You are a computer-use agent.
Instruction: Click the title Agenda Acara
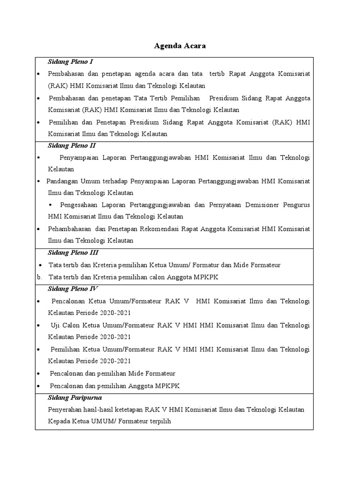click(x=180, y=46)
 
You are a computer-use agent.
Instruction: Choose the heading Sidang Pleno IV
click(x=73, y=289)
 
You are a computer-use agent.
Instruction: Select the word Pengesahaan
click(x=78, y=205)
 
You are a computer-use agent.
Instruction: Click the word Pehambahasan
click(x=69, y=229)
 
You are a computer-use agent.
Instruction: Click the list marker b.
click(x=39, y=277)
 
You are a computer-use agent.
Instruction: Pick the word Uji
click(x=55, y=325)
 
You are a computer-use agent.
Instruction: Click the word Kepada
click(x=59, y=421)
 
